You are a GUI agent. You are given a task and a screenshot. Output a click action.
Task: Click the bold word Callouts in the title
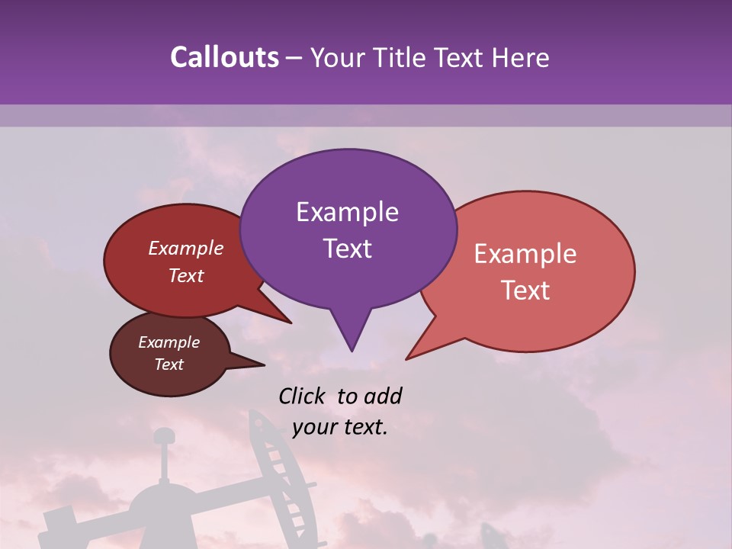point(225,57)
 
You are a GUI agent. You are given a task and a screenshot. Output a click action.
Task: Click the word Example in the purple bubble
point(347,212)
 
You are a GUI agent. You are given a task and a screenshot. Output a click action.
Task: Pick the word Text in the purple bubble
point(347,248)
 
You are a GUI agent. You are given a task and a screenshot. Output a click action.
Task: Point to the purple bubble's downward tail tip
point(352,350)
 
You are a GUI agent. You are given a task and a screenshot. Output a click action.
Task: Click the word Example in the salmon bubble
point(525,254)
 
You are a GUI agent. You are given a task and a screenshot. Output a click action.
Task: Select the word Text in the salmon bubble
point(525,290)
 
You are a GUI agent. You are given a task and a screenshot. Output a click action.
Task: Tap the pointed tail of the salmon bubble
point(408,358)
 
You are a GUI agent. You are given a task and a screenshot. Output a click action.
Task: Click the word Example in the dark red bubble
point(186,248)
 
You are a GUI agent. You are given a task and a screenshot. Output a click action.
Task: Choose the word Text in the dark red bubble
point(186,275)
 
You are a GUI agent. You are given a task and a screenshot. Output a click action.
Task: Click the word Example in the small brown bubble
point(169,342)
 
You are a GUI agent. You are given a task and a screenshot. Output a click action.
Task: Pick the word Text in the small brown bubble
point(169,364)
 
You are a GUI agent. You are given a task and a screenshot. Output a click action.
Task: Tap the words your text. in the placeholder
point(340,427)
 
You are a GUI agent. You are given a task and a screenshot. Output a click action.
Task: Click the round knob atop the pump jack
point(163,436)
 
